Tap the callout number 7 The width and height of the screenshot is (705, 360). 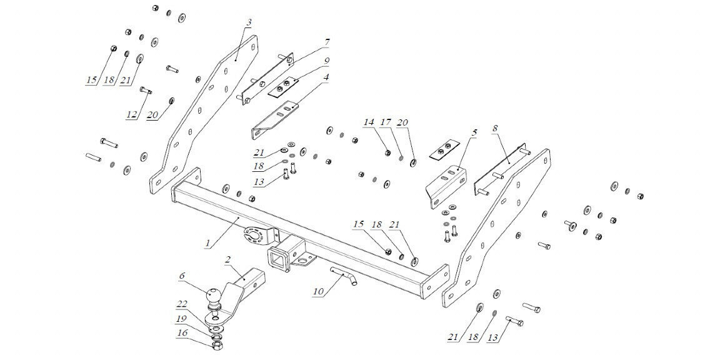(326, 42)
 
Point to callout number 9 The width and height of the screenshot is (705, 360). (326, 61)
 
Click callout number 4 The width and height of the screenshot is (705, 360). (326, 77)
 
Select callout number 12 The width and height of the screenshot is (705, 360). (131, 115)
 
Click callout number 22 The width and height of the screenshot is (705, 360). (182, 304)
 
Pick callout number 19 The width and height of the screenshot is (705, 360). (182, 319)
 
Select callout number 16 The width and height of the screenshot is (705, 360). (182, 334)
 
